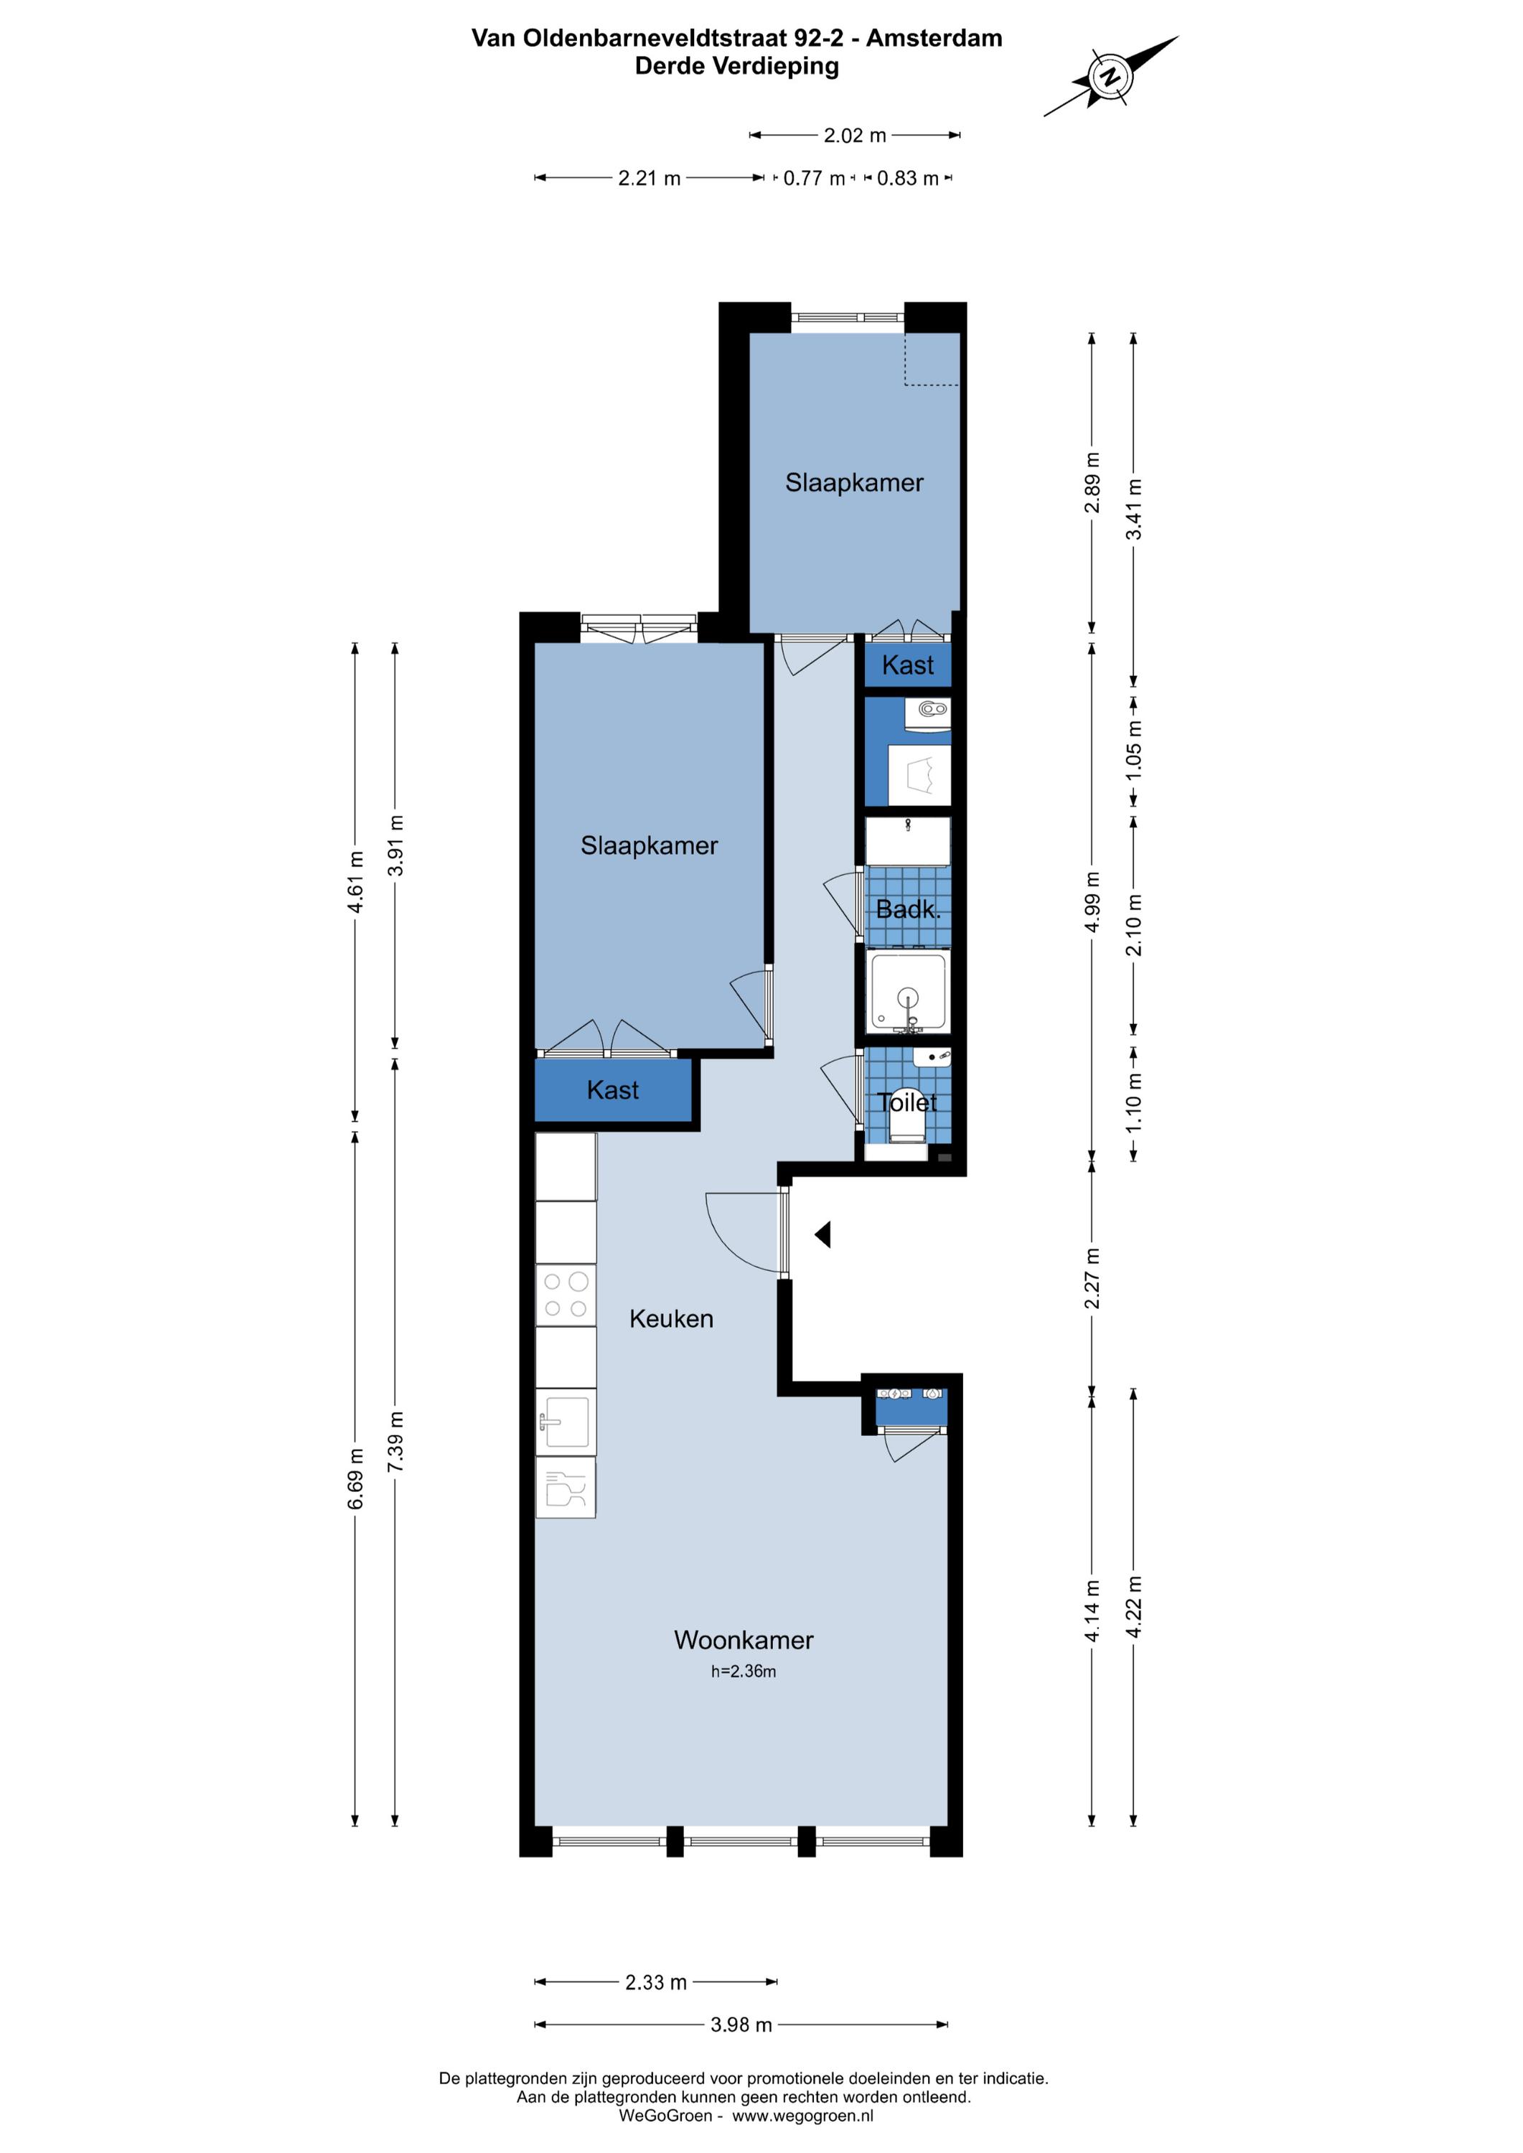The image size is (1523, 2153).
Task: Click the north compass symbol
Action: pos(1110,76)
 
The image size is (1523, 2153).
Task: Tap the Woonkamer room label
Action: pos(744,1640)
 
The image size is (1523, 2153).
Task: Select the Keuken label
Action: pos(672,1318)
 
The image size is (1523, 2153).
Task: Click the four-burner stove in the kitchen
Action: pos(566,1295)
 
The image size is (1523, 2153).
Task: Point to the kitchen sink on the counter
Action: pos(566,1422)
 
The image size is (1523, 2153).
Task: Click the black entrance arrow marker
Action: pos(823,1235)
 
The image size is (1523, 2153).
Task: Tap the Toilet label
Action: pos(907,1103)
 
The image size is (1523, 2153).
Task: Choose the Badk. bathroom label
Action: pos(908,909)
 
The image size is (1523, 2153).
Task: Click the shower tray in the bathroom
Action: pos(907,992)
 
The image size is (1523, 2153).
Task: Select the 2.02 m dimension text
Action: pos(854,135)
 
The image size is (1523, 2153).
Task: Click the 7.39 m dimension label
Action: pos(395,1440)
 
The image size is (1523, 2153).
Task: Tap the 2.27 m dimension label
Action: pos(1092,1278)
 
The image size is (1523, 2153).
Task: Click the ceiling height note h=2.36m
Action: pos(744,1671)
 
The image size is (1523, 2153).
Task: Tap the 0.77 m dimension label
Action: pos(814,178)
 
